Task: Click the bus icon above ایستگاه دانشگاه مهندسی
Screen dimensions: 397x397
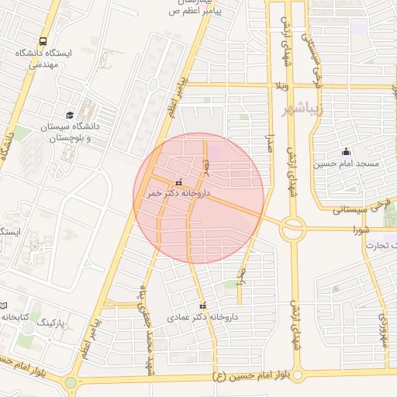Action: point(43,42)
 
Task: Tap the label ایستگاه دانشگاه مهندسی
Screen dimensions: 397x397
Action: point(43,60)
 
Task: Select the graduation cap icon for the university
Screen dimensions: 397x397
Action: point(71,115)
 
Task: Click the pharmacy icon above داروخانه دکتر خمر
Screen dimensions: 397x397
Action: point(180,181)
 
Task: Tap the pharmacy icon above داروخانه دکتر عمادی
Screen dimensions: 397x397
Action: point(203,306)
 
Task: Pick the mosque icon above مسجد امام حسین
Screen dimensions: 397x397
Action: point(346,152)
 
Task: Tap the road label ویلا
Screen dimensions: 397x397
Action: point(282,84)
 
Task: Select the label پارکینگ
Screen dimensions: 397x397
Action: point(54,320)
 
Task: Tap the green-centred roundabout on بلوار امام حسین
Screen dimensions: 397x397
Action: point(71,381)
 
